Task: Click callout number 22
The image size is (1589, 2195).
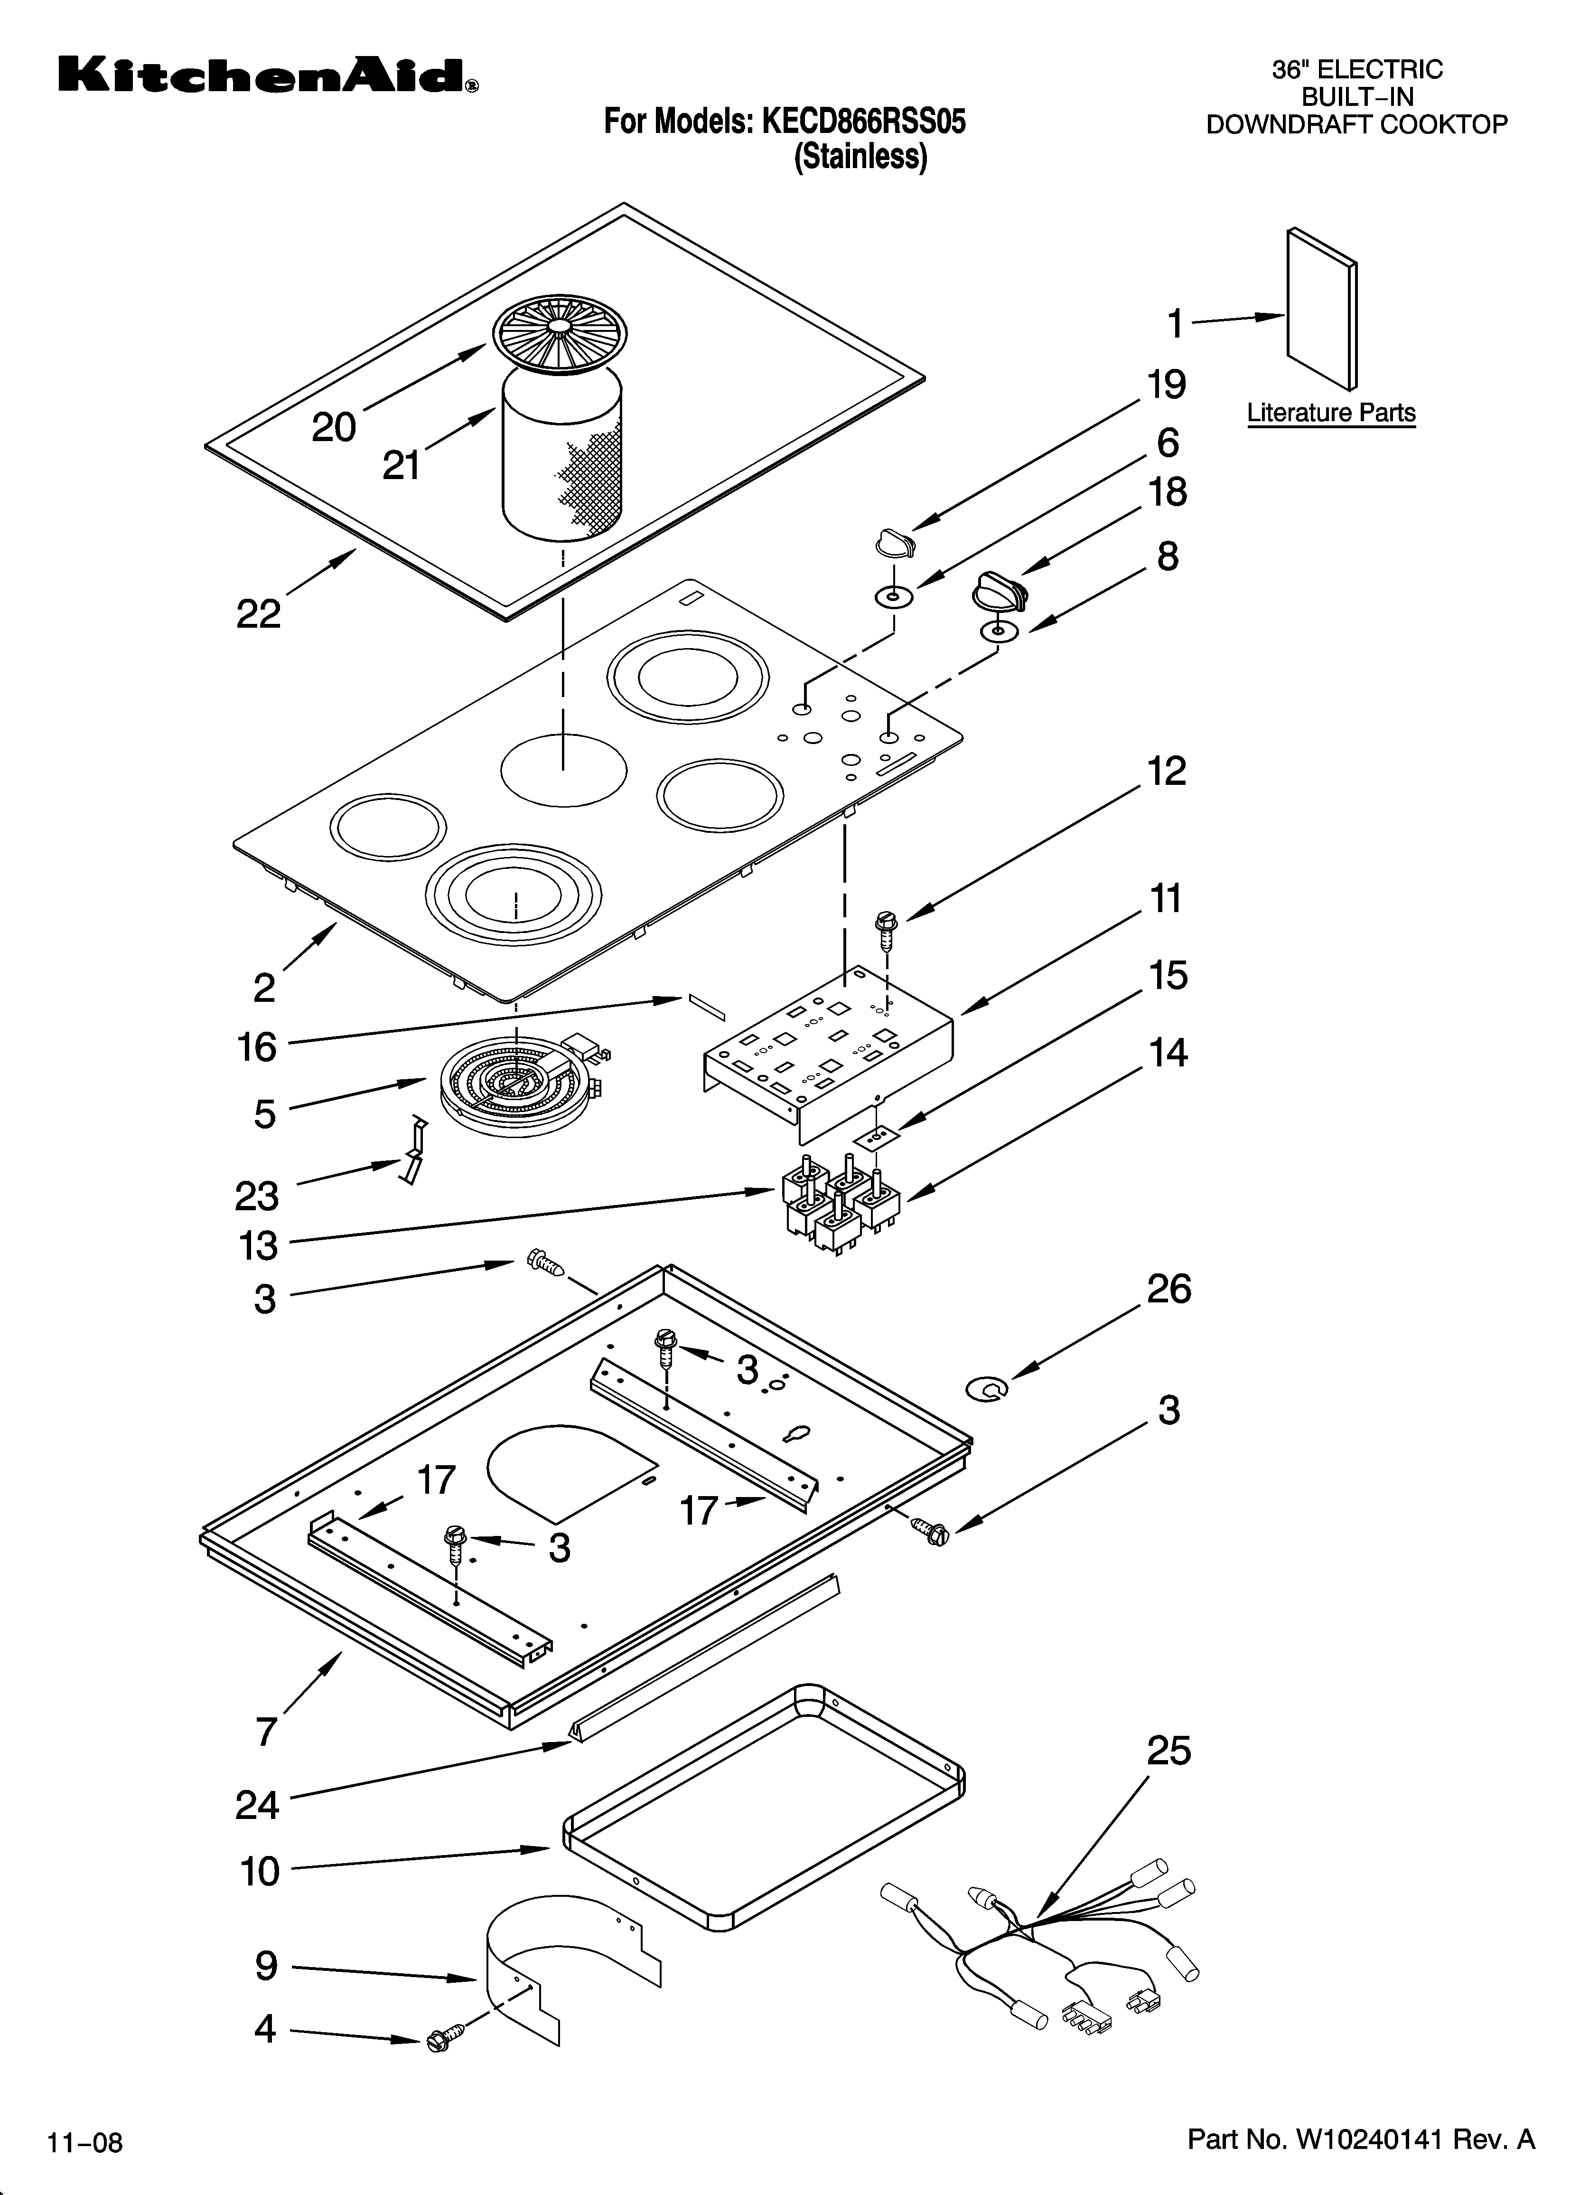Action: (258, 613)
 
